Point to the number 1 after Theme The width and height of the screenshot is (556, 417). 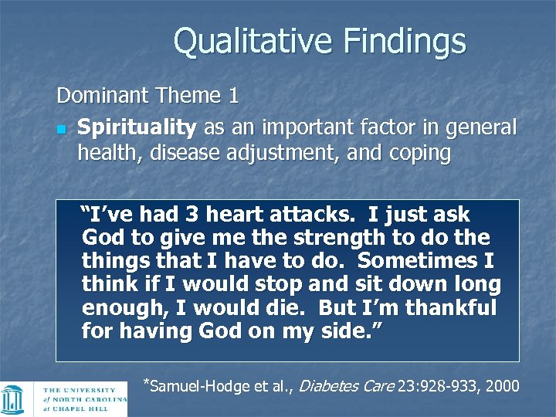232,97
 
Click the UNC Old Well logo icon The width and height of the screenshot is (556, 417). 15,399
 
